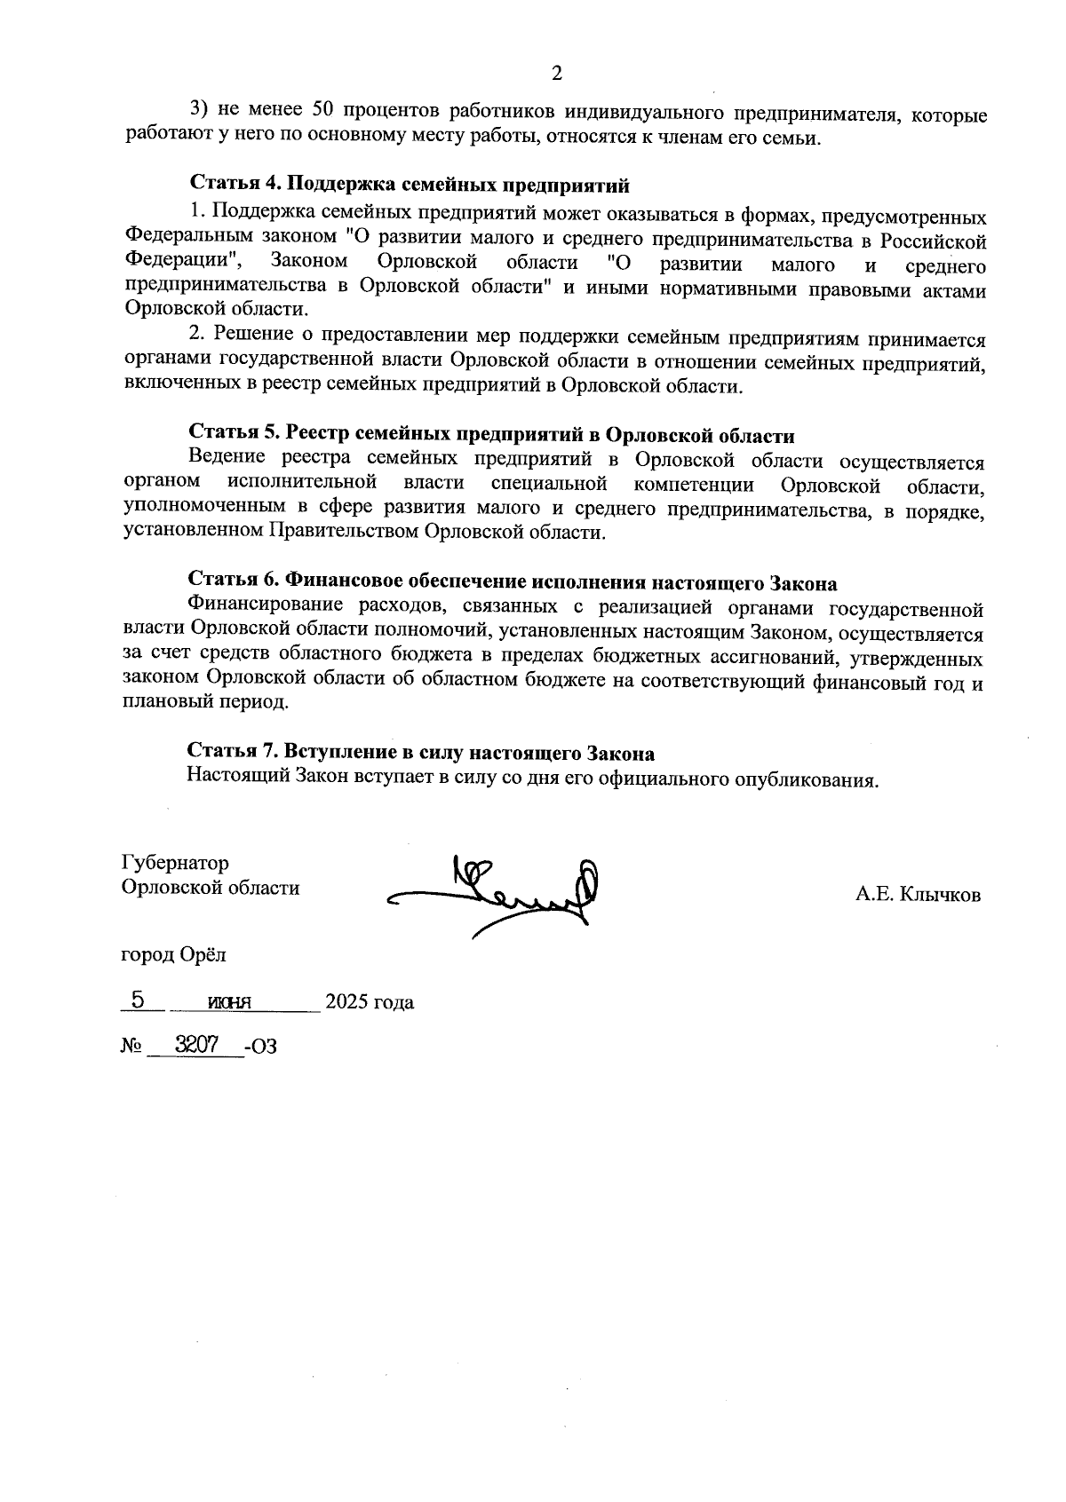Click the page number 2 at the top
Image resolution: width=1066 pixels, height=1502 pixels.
coord(557,74)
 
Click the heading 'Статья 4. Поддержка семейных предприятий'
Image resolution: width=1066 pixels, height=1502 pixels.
coord(409,186)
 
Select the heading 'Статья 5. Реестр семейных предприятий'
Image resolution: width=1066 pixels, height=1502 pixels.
coord(490,435)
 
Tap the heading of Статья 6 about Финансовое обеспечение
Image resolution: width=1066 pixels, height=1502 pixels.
coord(512,583)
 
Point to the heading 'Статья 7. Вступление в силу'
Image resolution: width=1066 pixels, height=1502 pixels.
coord(420,753)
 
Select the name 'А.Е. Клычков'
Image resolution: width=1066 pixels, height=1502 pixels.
coord(918,895)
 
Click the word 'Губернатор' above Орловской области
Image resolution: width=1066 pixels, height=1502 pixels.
coord(175,863)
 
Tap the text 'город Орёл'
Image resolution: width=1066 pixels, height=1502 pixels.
coord(173,955)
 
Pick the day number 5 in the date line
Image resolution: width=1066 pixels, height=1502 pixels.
coord(138,1000)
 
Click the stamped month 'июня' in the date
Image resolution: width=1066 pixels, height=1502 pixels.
coord(229,1002)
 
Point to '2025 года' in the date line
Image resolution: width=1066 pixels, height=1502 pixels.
coord(369,1002)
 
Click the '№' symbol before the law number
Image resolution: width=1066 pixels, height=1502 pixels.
coord(131,1047)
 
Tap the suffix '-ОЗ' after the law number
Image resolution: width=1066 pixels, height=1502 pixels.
coord(260,1047)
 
